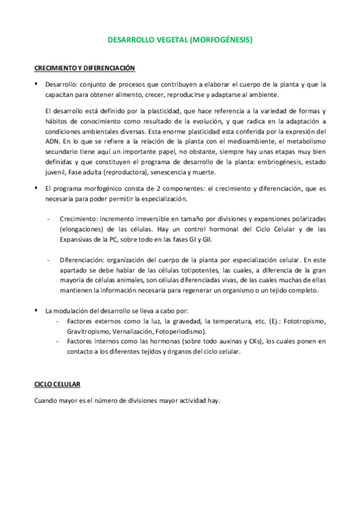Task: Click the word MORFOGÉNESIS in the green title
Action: tap(220, 40)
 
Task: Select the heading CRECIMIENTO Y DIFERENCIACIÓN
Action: tap(84, 68)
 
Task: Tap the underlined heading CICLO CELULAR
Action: tap(57, 384)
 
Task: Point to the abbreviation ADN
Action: tap(53, 142)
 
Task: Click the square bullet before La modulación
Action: tap(37, 310)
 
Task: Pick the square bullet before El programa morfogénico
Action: tap(37, 188)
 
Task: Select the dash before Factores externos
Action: tap(56, 321)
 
